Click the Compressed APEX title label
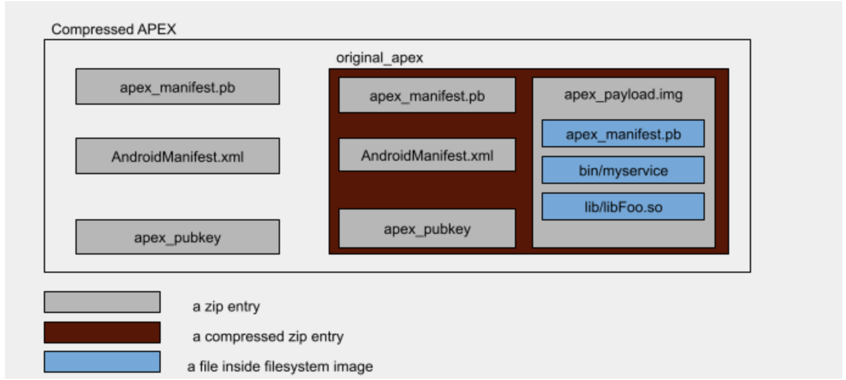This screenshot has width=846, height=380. pyautogui.click(x=113, y=29)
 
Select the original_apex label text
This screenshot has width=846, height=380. pyautogui.click(x=379, y=58)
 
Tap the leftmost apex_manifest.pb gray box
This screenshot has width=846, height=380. pyautogui.click(x=177, y=86)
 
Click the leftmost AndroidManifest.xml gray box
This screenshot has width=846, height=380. pyautogui.click(x=177, y=156)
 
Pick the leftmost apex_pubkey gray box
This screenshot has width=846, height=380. pyautogui.click(x=177, y=237)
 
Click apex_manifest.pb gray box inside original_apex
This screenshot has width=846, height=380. pyautogui.click(x=427, y=95)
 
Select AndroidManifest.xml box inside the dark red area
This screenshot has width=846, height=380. pyautogui.click(x=427, y=155)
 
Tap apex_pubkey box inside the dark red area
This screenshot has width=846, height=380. pyautogui.click(x=427, y=228)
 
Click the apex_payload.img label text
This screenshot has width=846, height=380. pyautogui.click(x=623, y=94)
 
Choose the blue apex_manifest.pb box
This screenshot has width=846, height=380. pyautogui.click(x=623, y=134)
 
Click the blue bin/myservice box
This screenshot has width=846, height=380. pyautogui.click(x=623, y=171)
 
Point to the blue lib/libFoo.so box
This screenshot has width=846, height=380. pyautogui.click(x=623, y=207)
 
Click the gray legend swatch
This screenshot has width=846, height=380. pyautogui.click(x=102, y=302)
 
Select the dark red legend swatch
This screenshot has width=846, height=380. pyautogui.click(x=102, y=332)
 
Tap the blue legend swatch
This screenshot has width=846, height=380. pyautogui.click(x=102, y=362)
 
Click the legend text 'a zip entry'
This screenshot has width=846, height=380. pyautogui.click(x=226, y=306)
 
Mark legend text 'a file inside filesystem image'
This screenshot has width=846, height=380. pyautogui.click(x=280, y=367)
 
